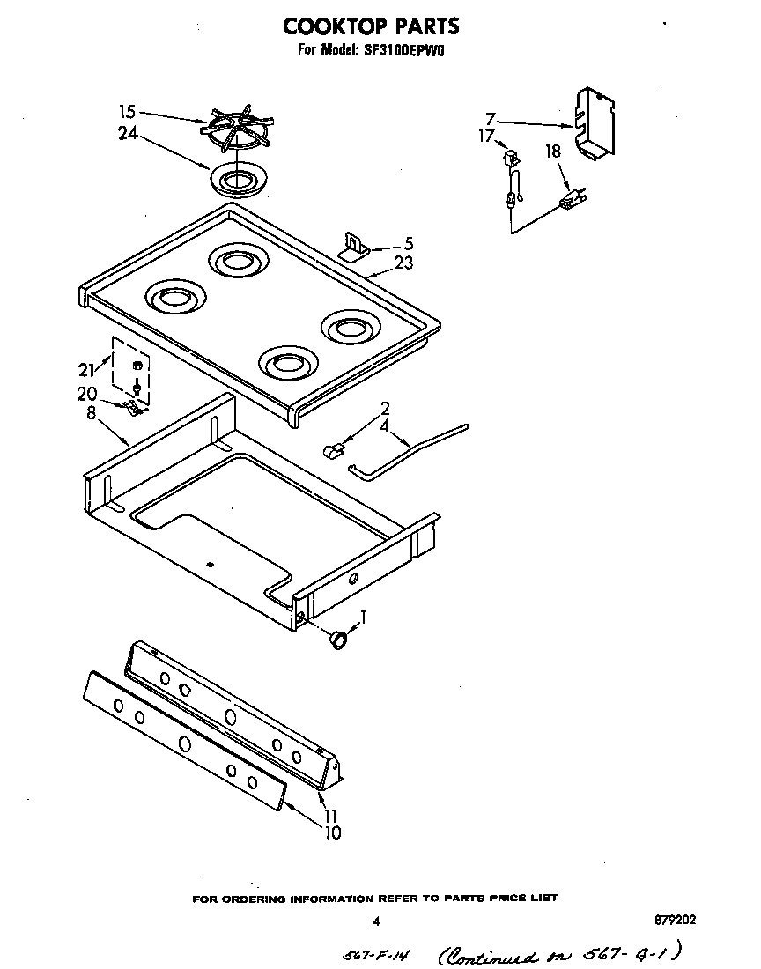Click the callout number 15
pyautogui.click(x=127, y=112)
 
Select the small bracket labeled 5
pyautogui.click(x=354, y=247)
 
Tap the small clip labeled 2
pyautogui.click(x=332, y=451)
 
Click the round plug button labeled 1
pyautogui.click(x=337, y=640)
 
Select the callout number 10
pyautogui.click(x=332, y=832)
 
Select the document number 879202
pyautogui.click(x=676, y=920)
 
